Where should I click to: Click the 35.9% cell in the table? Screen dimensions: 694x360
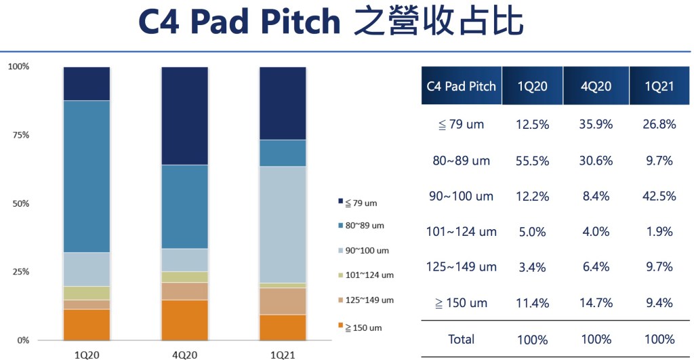(x=596, y=125)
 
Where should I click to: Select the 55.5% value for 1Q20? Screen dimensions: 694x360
(x=533, y=161)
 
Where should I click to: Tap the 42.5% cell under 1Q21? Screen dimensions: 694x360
(x=659, y=196)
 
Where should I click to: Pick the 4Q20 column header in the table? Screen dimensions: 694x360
(x=596, y=86)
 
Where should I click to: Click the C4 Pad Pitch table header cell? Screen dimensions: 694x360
(x=461, y=86)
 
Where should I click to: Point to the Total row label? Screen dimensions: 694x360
(x=461, y=339)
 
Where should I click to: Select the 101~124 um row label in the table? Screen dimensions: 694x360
(x=461, y=232)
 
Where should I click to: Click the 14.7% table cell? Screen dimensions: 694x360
(x=596, y=303)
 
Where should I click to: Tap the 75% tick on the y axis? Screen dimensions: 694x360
(x=21, y=135)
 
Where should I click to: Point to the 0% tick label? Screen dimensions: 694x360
(x=23, y=340)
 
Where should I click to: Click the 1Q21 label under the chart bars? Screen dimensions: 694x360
(x=283, y=355)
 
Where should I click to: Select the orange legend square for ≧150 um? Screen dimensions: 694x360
(x=340, y=325)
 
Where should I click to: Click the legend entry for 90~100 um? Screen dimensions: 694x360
(x=363, y=251)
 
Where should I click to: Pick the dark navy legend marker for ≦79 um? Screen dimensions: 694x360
(x=340, y=201)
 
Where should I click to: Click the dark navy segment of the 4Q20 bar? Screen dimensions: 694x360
(x=184, y=116)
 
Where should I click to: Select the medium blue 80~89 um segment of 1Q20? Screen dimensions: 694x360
(x=87, y=177)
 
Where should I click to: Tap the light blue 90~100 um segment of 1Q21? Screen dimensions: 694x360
(x=283, y=224)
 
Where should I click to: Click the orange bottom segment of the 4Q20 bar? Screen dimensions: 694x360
(x=184, y=320)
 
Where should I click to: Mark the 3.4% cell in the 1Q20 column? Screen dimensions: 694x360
(x=533, y=267)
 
